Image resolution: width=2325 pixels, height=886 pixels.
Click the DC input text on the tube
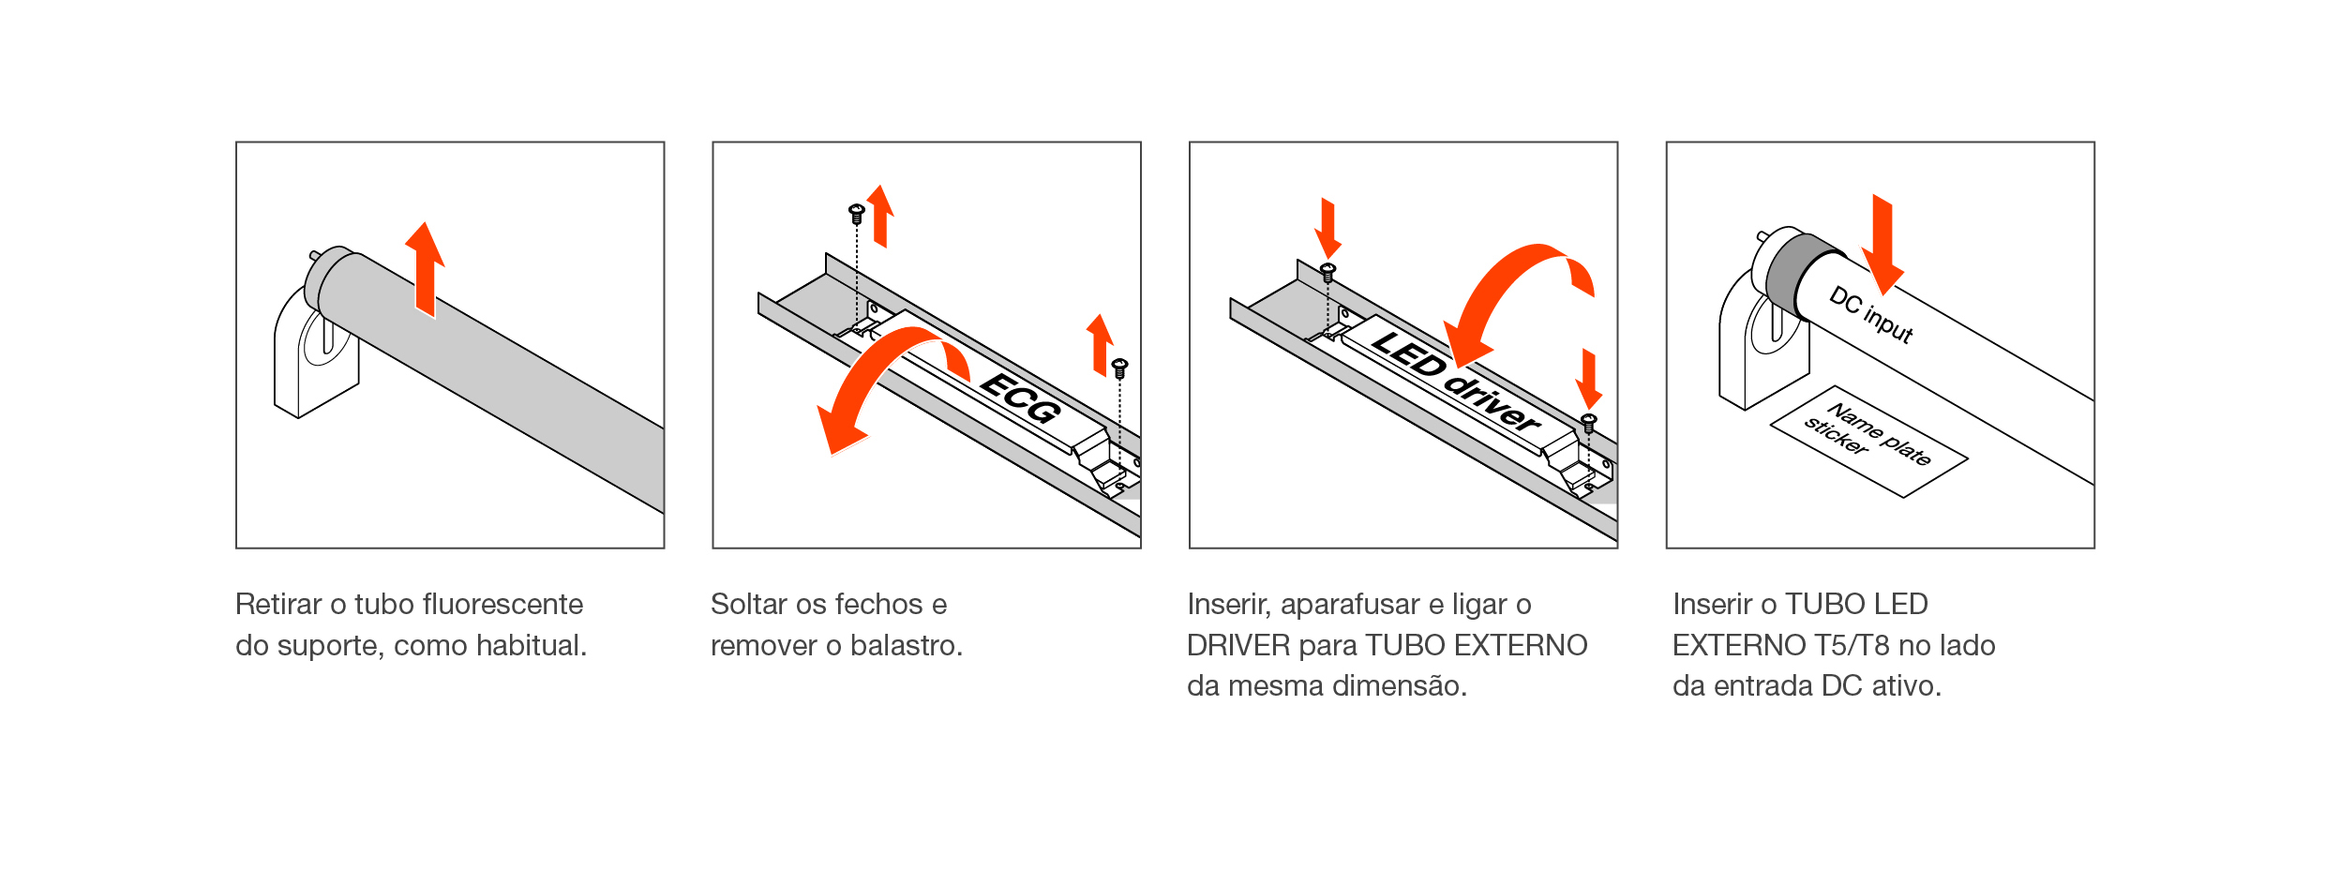coord(1871,314)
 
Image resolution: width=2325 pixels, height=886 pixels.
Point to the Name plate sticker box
coord(1868,441)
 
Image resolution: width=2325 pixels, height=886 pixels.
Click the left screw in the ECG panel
coord(856,214)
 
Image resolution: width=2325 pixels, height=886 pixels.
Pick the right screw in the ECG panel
coord(1119,368)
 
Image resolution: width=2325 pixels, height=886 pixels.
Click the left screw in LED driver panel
coord(1327,273)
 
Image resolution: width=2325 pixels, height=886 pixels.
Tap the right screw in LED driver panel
coord(1589,423)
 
